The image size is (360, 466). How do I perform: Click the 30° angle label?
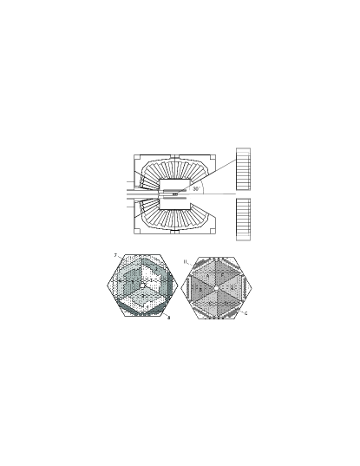click(196, 188)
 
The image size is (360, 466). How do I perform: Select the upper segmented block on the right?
click(243, 168)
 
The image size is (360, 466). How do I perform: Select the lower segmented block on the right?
click(243, 220)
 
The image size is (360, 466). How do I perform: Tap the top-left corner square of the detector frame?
click(137, 158)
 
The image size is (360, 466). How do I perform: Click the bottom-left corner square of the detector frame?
click(137, 231)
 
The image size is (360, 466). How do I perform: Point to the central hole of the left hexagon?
click(142, 286)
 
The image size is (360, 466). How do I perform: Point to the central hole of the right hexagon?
click(216, 287)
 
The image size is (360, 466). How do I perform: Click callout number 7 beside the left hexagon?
click(115, 255)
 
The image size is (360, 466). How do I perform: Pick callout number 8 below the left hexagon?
click(168, 319)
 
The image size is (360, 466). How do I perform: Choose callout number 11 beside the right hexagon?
click(186, 260)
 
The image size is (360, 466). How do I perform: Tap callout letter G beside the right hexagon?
click(246, 313)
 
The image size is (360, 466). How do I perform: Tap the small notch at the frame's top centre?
click(175, 156)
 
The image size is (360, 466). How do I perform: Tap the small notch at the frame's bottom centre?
click(175, 233)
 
